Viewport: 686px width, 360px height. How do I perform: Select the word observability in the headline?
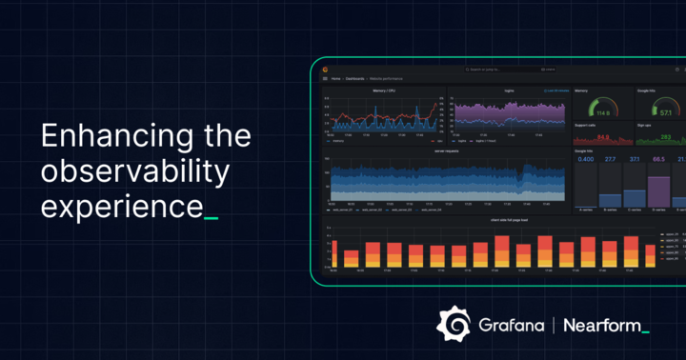(135, 172)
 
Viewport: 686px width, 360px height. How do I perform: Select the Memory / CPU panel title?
(385, 90)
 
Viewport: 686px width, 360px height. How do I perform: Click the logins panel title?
(509, 90)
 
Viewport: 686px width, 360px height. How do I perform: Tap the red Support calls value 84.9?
(602, 137)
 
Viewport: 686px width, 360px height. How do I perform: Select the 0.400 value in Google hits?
(587, 159)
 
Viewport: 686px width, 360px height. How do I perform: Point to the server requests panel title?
(447, 150)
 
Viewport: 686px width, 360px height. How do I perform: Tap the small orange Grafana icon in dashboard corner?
(326, 70)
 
